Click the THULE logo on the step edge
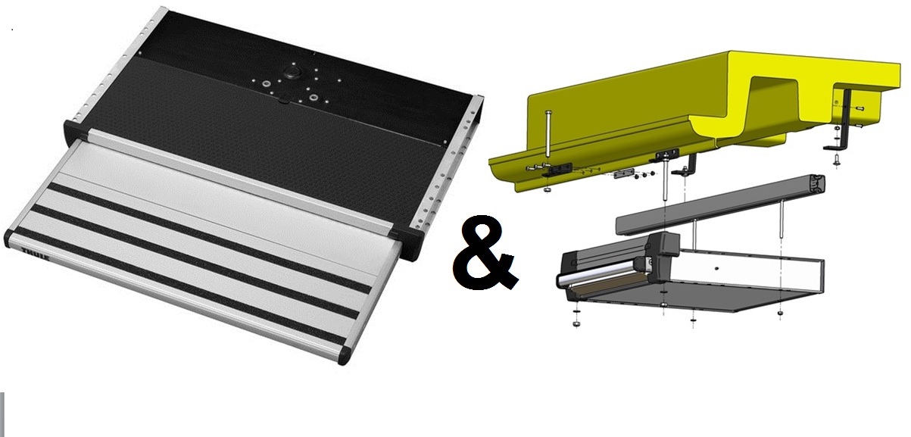click(x=36, y=254)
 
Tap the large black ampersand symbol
click(x=485, y=253)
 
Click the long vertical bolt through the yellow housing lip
click(x=548, y=134)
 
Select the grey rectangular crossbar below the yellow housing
click(x=721, y=204)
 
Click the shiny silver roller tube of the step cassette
click(x=598, y=273)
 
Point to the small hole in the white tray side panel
click(x=716, y=269)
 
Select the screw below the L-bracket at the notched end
click(x=836, y=160)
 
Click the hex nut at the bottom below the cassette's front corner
click(x=576, y=324)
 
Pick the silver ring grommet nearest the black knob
click(x=267, y=84)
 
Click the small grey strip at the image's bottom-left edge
click(x=2, y=414)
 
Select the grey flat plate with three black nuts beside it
click(x=624, y=173)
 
